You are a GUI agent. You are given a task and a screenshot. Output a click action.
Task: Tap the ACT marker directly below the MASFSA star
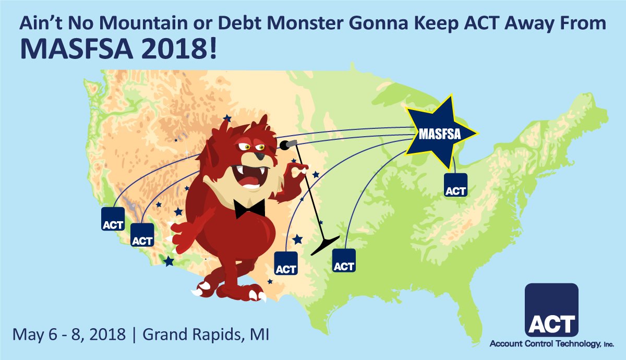[x=455, y=185]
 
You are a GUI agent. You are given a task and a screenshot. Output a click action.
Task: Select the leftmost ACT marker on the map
[x=113, y=219]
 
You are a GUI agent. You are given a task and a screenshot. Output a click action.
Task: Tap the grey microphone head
[x=288, y=142]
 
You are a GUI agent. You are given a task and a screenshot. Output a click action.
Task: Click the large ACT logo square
[x=551, y=310]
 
